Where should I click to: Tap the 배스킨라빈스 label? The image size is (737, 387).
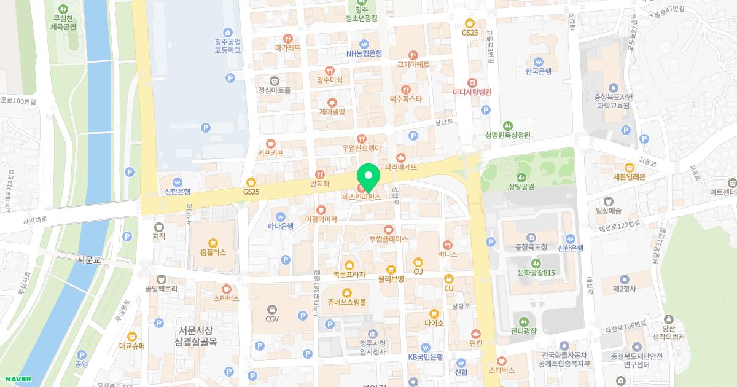pyautogui.click(x=362, y=197)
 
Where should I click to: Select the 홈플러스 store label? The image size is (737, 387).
pyautogui.click(x=213, y=252)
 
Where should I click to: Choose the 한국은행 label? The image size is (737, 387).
pyautogui.click(x=539, y=71)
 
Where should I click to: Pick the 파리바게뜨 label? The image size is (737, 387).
pyautogui.click(x=401, y=166)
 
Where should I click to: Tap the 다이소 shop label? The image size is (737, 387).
pyautogui.click(x=434, y=322)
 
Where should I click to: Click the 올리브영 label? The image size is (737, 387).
pyautogui.click(x=391, y=278)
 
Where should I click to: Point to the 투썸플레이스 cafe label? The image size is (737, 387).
pyautogui.click(x=388, y=239)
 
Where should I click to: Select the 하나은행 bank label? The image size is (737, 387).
pyautogui.click(x=280, y=225)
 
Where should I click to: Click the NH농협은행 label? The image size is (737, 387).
pyautogui.click(x=364, y=53)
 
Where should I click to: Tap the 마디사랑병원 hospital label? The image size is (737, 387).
pyautogui.click(x=472, y=92)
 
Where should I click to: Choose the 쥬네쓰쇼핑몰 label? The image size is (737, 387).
pyautogui.click(x=347, y=302)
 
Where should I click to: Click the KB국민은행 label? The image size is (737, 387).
pyautogui.click(x=426, y=357)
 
